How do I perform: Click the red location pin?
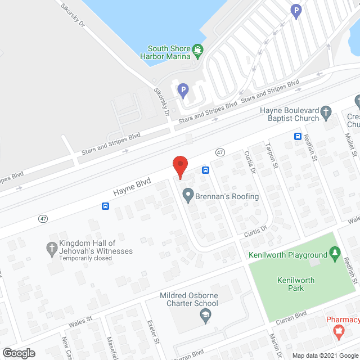pyautogui.click(x=179, y=165)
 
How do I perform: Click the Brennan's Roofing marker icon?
pyautogui.click(x=187, y=196)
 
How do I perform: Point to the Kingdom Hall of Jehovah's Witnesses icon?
pyautogui.click(x=52, y=247)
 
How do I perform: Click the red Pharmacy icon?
pyautogui.click(x=339, y=333)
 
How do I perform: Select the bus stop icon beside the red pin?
pyautogui.click(x=206, y=170)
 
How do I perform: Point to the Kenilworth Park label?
pyautogui.click(x=296, y=284)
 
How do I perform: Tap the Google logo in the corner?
pyautogui.click(x=19, y=353)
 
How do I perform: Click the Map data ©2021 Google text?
pyautogui.click(x=324, y=355)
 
